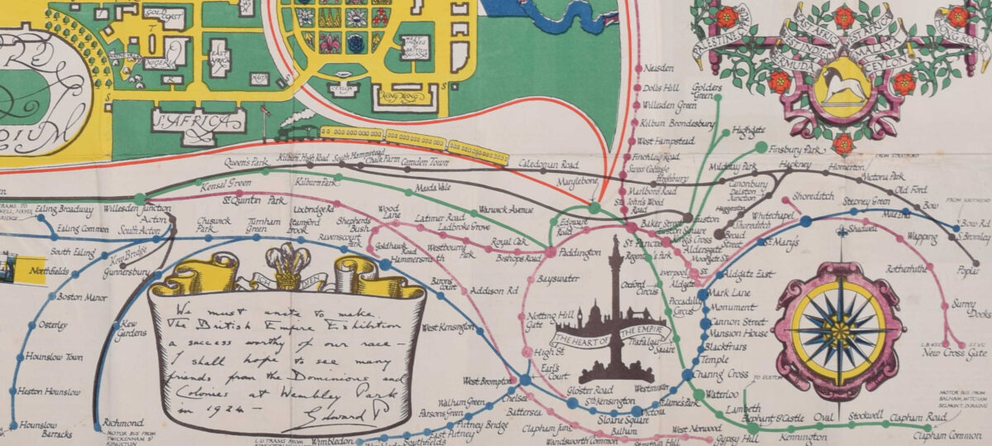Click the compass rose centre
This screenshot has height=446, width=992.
[x=840, y=331]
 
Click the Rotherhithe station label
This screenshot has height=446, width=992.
[x=911, y=269]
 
